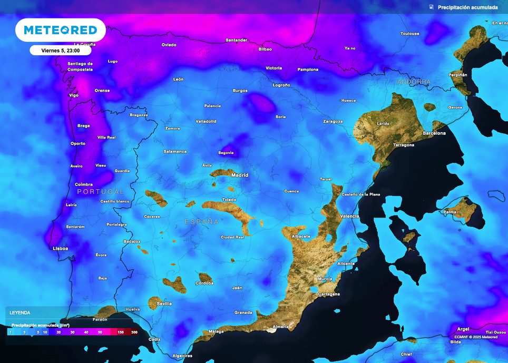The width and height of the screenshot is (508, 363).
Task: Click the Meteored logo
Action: point(60,30)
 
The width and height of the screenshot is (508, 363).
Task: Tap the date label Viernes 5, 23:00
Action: point(60,50)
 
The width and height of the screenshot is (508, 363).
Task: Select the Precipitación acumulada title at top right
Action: point(467,7)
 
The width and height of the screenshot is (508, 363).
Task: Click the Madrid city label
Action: point(240,175)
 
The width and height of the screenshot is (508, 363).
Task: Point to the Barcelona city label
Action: point(434,133)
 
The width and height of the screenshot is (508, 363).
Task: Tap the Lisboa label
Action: point(61,248)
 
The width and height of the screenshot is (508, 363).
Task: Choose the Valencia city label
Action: point(349,216)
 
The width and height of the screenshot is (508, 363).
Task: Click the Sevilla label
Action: point(164,303)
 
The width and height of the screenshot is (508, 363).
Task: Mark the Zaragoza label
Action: point(333,121)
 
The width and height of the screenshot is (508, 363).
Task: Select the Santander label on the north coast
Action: point(236,40)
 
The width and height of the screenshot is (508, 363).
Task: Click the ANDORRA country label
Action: point(414,82)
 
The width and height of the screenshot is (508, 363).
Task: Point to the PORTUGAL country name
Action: point(101,192)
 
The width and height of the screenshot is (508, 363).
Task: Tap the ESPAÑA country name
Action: point(201,222)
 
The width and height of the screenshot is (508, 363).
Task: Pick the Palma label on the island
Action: point(450,212)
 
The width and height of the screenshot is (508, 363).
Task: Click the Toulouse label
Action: point(409,34)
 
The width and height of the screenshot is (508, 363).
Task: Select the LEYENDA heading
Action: point(20,312)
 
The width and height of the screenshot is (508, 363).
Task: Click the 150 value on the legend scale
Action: point(121,332)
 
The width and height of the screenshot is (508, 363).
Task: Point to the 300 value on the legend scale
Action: point(134,332)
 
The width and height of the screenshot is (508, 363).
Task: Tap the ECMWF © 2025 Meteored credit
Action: point(475,337)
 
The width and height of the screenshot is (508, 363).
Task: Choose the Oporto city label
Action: point(77,143)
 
